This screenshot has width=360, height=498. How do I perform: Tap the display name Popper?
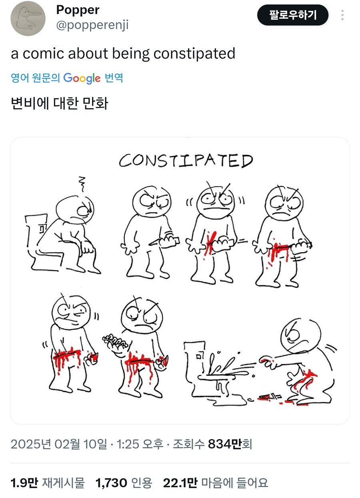(x=78, y=10)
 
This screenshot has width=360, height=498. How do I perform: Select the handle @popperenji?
(x=92, y=25)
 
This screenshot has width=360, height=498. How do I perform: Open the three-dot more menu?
(x=342, y=15)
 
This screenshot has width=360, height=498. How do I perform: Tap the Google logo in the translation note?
(x=82, y=78)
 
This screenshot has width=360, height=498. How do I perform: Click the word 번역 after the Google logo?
(x=114, y=78)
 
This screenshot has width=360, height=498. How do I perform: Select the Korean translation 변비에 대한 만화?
(x=60, y=103)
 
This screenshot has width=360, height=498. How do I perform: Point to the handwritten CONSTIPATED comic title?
(x=186, y=161)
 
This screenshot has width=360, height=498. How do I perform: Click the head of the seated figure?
(x=76, y=208)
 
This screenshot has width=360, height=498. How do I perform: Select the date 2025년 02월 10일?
(x=59, y=444)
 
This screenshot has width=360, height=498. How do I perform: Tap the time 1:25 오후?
(x=140, y=444)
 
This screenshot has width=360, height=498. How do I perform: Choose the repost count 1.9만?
(x=24, y=483)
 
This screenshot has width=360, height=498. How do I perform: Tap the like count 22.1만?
(x=180, y=483)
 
